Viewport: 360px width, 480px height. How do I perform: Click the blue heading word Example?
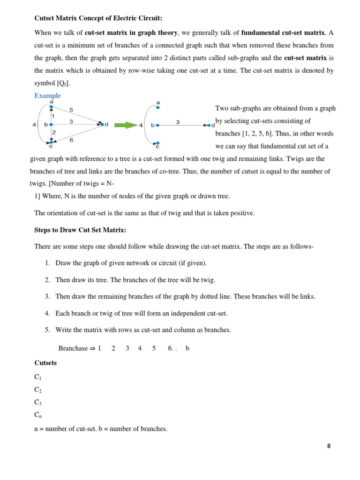pyautogui.click(x=47, y=96)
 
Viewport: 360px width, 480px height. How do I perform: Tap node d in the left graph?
pyautogui.click(x=102, y=124)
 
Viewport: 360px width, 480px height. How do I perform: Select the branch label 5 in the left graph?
pyautogui.click(x=71, y=110)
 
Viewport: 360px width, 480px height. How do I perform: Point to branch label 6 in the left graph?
pyautogui.click(x=71, y=139)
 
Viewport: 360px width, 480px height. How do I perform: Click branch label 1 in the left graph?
pyautogui.click(x=53, y=116)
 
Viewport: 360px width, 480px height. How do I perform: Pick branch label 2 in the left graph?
pyautogui.click(x=53, y=133)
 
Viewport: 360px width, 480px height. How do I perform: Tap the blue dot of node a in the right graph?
pyautogui.click(x=158, y=107)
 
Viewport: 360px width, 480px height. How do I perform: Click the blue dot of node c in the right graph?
pyautogui.click(x=158, y=142)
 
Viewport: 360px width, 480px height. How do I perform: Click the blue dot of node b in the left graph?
pyautogui.click(x=51, y=125)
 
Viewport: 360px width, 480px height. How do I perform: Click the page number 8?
pyautogui.click(x=329, y=446)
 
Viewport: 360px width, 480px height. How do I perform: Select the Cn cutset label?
pyautogui.click(x=38, y=415)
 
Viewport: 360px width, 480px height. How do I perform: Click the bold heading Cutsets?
pyautogui.click(x=45, y=363)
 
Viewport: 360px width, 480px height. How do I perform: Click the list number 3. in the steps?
pyautogui.click(x=48, y=296)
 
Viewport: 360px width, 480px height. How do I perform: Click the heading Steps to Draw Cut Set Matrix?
pyautogui.click(x=80, y=230)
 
